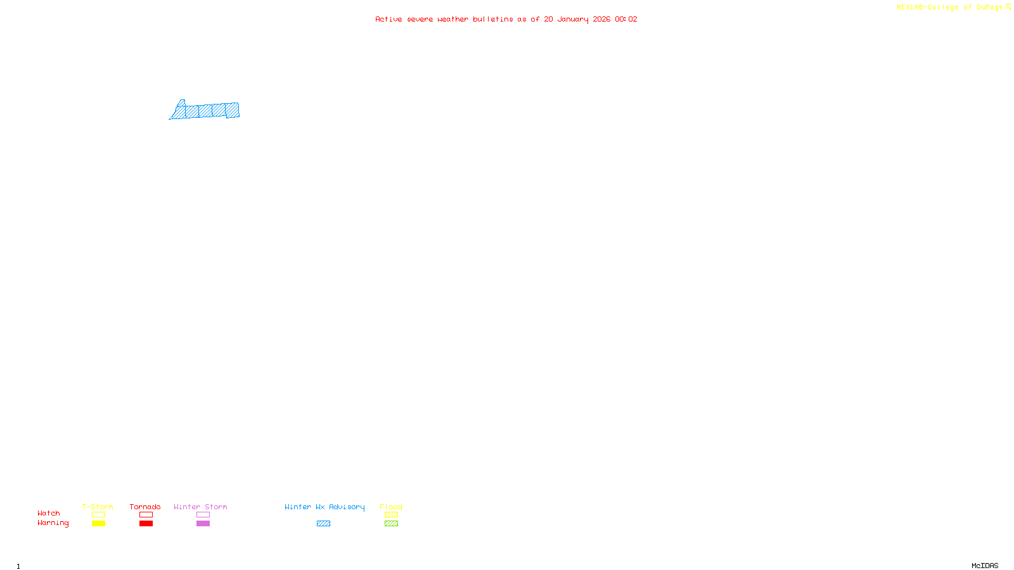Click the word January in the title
[x=572, y=19]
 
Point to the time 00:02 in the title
[x=626, y=19]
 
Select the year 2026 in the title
[x=601, y=19]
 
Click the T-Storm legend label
[x=98, y=507]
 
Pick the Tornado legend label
[x=145, y=507]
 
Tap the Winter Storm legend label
[x=200, y=507]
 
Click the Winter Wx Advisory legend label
[x=324, y=507]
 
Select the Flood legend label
[x=391, y=507]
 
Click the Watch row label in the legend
[x=49, y=513]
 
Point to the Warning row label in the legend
[x=53, y=523]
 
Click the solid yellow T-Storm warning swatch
[x=98, y=524]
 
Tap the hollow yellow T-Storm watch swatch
[x=98, y=515]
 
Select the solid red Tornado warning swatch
[x=146, y=524]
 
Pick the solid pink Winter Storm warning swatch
[x=203, y=524]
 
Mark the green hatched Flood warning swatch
[x=391, y=524]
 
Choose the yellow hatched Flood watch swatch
[x=391, y=515]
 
